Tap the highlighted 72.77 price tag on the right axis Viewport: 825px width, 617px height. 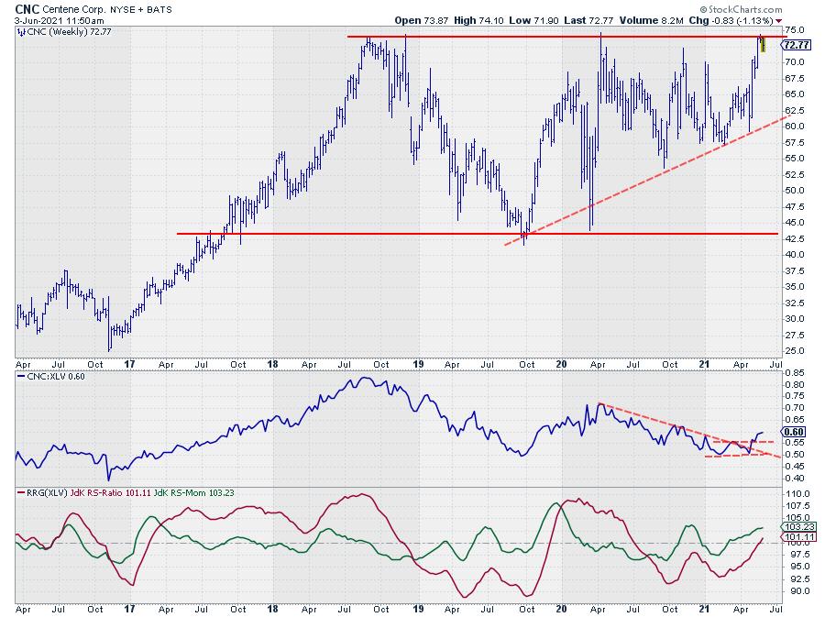(x=796, y=44)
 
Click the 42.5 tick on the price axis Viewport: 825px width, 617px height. (x=796, y=254)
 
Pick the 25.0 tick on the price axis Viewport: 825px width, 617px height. (x=796, y=350)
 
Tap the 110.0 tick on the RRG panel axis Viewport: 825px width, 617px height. (x=797, y=493)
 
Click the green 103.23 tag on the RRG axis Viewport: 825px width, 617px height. (x=797, y=527)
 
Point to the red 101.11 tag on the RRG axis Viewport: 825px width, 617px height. (x=797, y=538)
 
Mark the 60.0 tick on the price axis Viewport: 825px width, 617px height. (x=796, y=126)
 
